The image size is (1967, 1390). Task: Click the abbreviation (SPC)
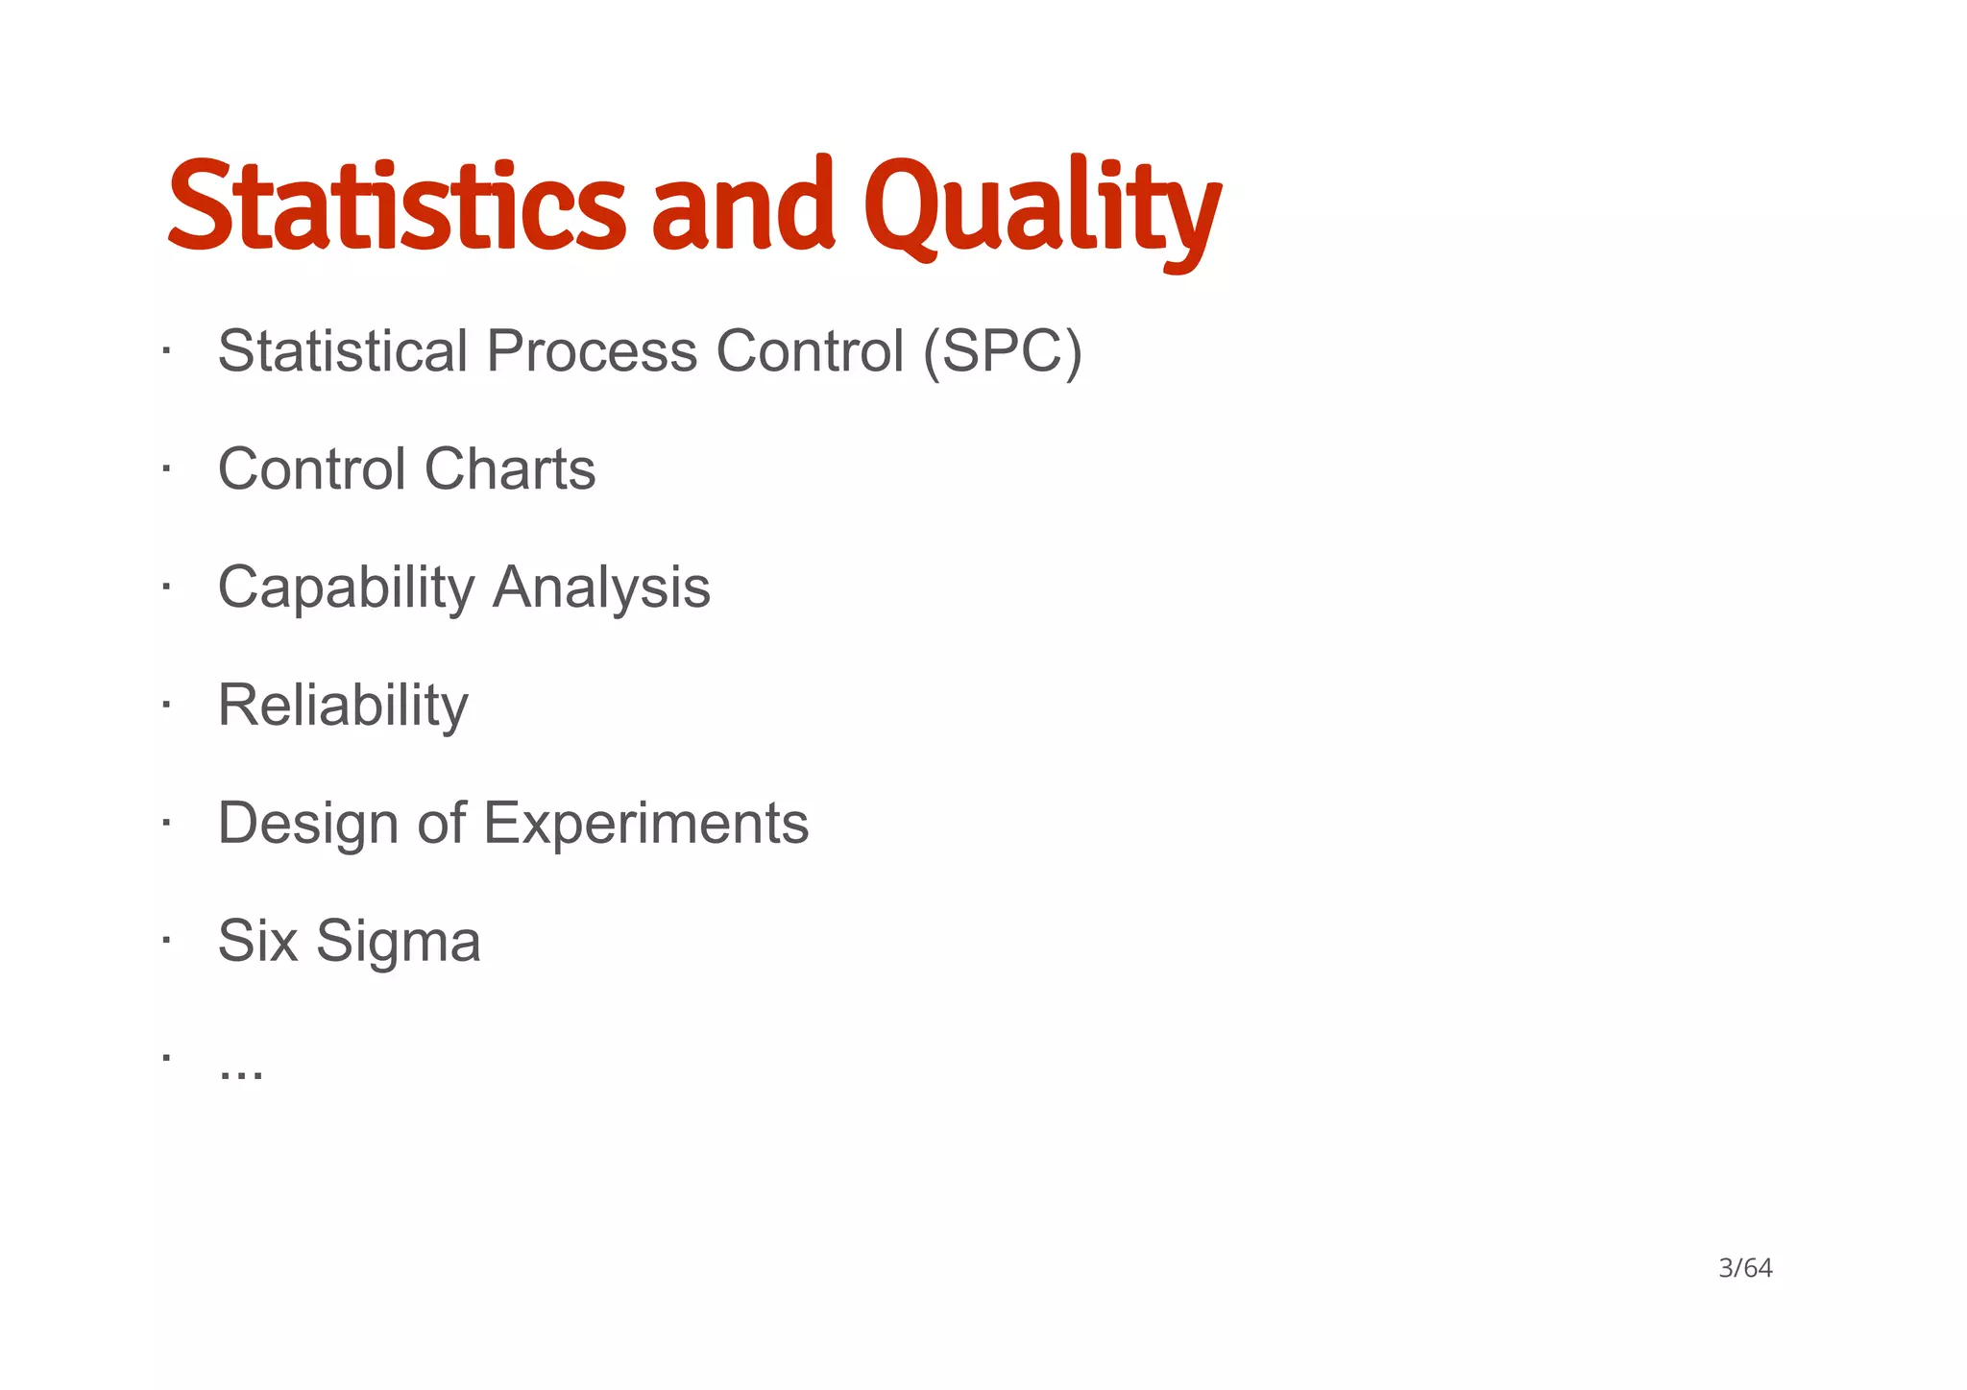tap(1002, 351)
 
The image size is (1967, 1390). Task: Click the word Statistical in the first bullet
tap(343, 351)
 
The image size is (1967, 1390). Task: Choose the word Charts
tap(510, 469)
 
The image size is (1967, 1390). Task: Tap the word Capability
tap(346, 587)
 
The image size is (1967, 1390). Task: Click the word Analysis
tap(601, 587)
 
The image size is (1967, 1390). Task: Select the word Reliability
tap(343, 706)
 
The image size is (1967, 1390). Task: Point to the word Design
tap(308, 824)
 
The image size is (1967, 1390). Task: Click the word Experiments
tap(645, 824)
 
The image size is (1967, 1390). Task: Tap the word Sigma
tap(398, 942)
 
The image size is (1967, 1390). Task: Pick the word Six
tap(257, 941)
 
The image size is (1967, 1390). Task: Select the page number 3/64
tap(1744, 1269)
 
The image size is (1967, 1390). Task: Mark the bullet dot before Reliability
tap(166, 704)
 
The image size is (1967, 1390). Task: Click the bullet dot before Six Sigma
tap(166, 940)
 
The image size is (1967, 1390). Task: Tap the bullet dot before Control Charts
tap(166, 467)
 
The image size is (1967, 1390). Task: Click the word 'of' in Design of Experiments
tap(441, 824)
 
